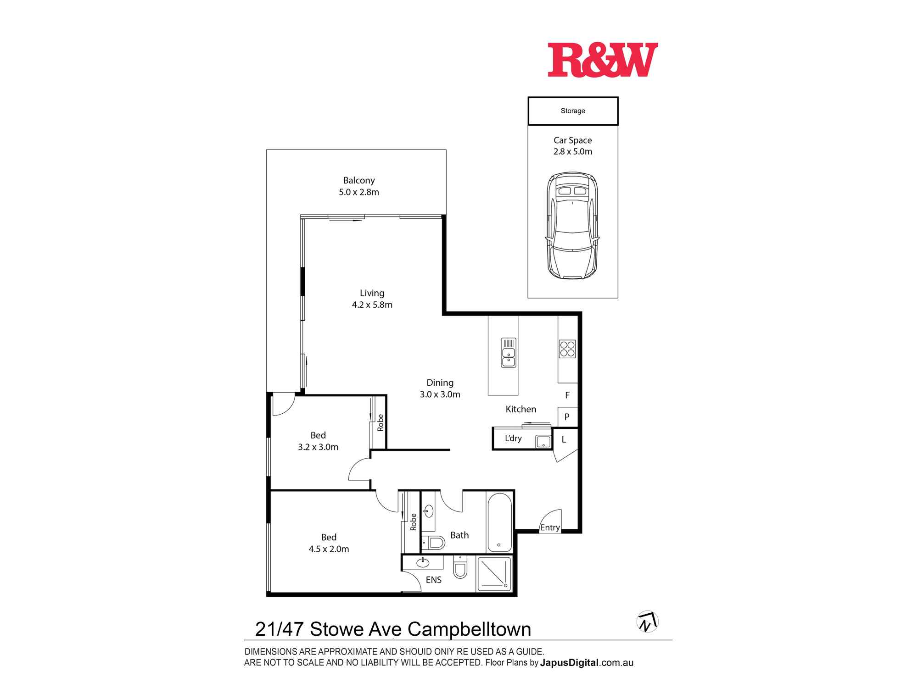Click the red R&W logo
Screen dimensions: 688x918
(x=603, y=60)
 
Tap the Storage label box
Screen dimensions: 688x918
(x=573, y=111)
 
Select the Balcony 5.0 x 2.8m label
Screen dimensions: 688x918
(x=359, y=186)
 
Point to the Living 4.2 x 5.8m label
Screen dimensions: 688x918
(x=372, y=299)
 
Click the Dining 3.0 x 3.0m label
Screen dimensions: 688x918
(x=440, y=388)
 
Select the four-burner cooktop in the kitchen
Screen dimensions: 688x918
(x=567, y=349)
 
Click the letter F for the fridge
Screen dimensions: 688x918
(x=567, y=395)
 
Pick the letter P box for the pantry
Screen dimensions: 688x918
(x=567, y=417)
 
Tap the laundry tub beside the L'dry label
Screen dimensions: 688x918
(x=543, y=442)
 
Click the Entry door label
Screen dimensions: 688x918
(x=550, y=527)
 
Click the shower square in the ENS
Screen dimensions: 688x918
(x=494, y=573)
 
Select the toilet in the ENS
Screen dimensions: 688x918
(x=460, y=568)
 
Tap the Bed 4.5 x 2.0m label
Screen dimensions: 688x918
(x=329, y=543)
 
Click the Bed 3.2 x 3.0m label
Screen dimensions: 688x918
(x=318, y=441)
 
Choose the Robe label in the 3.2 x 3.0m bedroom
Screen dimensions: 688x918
(x=381, y=422)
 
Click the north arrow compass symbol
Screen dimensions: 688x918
(x=647, y=622)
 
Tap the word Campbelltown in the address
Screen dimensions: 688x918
(x=469, y=629)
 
